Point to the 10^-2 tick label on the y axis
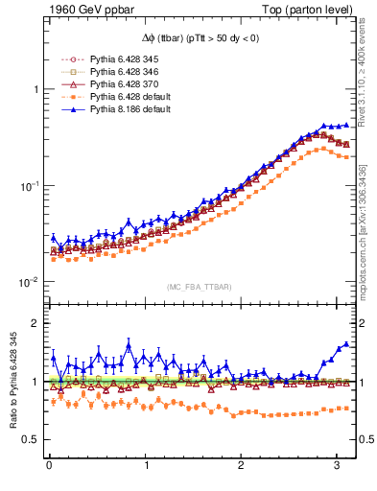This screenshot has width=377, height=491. coord(28,283)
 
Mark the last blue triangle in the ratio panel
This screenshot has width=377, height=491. coord(346,344)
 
